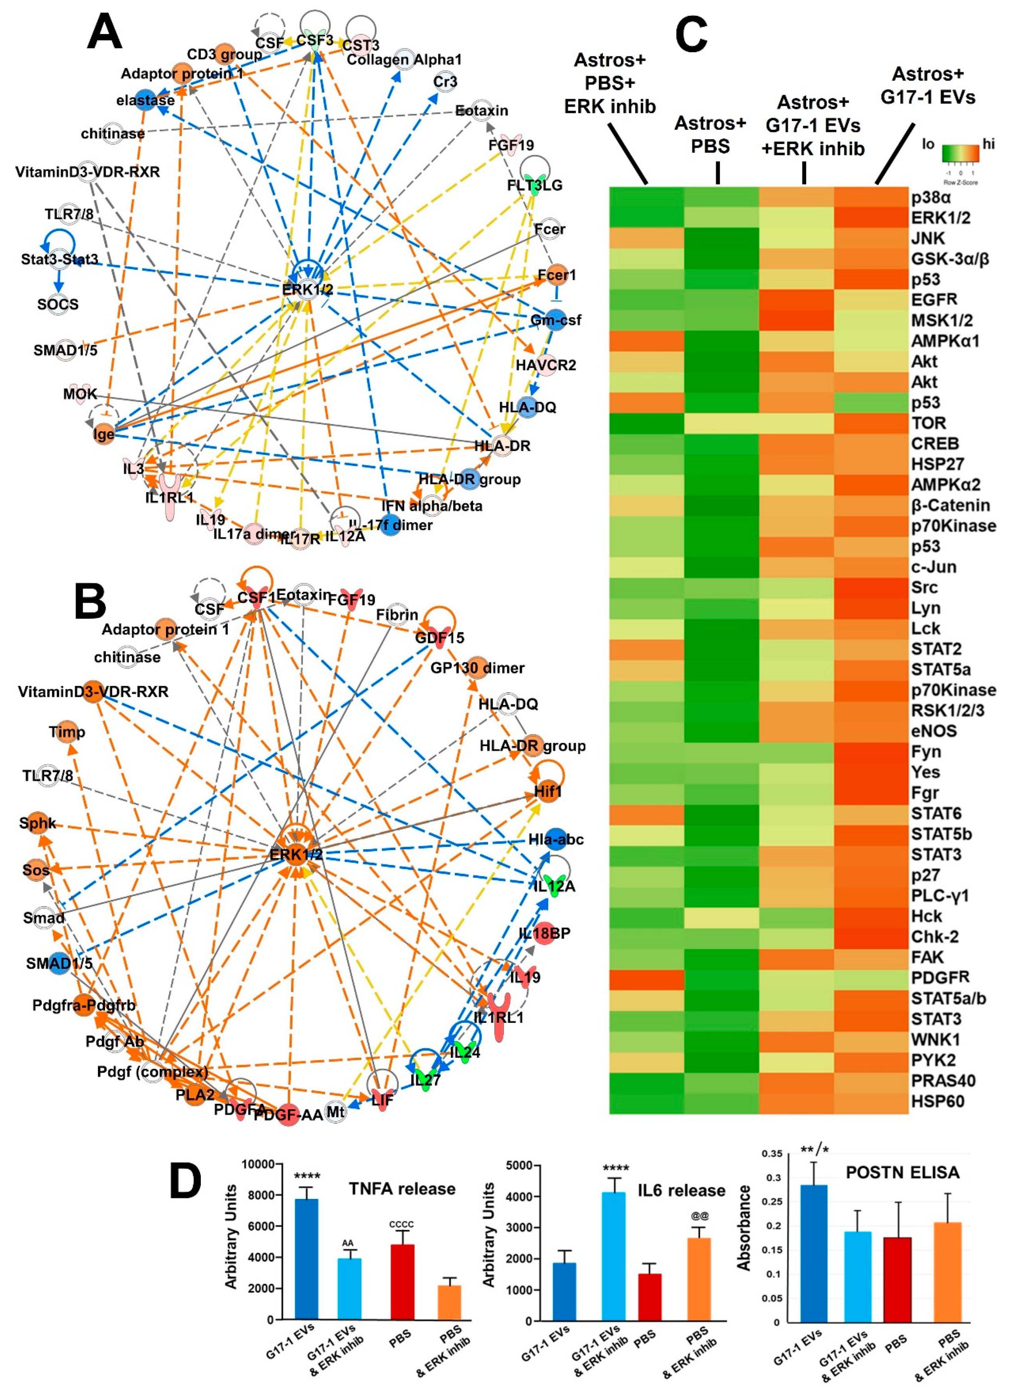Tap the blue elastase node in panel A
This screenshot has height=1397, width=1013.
(x=146, y=101)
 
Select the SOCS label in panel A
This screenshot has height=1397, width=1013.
(x=58, y=304)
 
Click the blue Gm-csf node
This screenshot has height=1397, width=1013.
(x=556, y=320)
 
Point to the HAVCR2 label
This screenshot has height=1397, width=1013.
(x=546, y=365)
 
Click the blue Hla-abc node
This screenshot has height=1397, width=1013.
(x=556, y=839)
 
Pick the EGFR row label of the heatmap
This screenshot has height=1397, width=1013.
(x=934, y=300)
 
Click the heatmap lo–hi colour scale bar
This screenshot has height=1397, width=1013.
(x=960, y=153)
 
